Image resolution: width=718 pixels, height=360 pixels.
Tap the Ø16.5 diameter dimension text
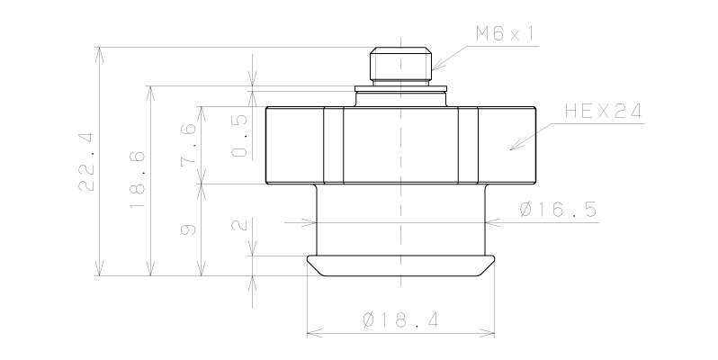tap(558, 211)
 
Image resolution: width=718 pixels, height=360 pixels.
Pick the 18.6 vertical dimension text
tap(137, 191)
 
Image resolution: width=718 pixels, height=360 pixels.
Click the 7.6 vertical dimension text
tap(188, 145)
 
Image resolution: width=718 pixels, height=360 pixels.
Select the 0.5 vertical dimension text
tap(239, 136)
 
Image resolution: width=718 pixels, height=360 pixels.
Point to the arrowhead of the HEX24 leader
tap(513, 148)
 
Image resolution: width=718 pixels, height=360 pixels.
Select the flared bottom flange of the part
tap(400, 265)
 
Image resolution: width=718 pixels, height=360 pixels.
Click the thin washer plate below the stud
tap(400, 89)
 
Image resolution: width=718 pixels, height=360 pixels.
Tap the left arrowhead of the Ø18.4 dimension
tap(310, 334)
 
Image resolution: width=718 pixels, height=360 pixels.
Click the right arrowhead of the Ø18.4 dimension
tap(492, 334)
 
